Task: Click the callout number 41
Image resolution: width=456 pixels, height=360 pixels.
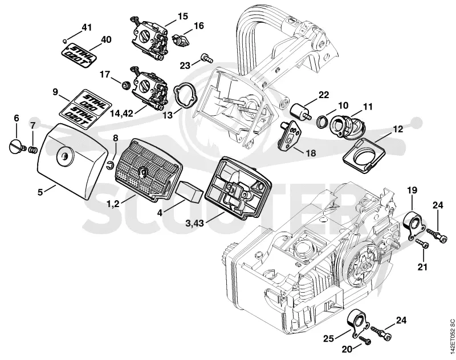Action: (x=87, y=27)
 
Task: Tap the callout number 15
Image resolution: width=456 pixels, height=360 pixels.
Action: (x=182, y=16)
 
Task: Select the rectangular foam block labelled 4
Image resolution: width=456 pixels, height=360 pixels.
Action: (x=189, y=191)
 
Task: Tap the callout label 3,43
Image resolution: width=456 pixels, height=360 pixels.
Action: (x=195, y=224)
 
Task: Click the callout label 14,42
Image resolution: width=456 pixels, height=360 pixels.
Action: (x=121, y=113)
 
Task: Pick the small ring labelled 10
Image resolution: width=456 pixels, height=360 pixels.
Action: (x=322, y=121)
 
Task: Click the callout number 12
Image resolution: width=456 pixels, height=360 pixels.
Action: (x=398, y=128)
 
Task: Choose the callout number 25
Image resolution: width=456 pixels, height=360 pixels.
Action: (x=329, y=330)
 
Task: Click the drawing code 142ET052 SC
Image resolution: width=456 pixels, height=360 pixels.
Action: (x=452, y=337)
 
